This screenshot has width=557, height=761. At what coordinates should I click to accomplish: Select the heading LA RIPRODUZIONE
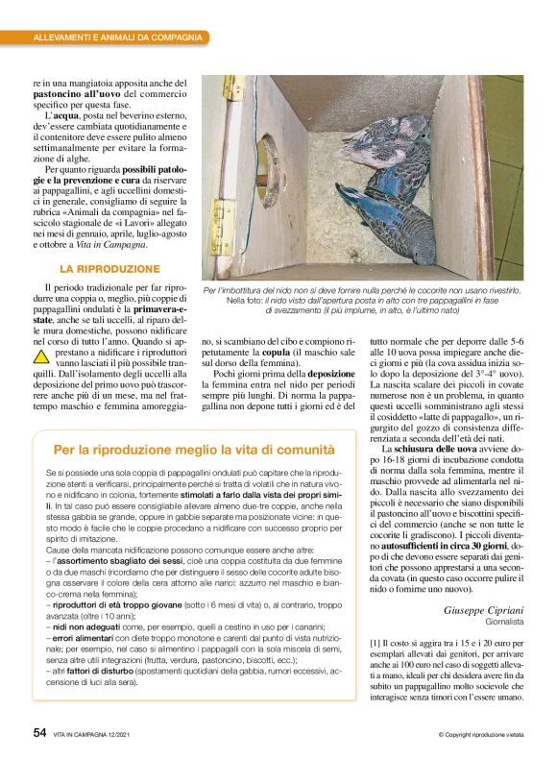[109, 269]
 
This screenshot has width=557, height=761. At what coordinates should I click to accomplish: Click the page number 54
[39, 732]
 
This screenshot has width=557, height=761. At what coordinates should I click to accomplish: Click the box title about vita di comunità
[193, 450]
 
